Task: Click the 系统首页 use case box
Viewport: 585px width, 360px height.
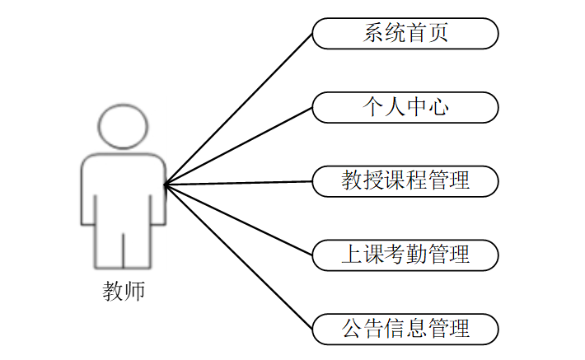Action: pyautogui.click(x=405, y=34)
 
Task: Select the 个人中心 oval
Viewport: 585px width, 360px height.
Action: pyautogui.click(x=405, y=107)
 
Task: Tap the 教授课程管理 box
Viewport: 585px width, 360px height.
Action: pyautogui.click(x=405, y=181)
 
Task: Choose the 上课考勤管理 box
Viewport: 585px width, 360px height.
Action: pyautogui.click(x=405, y=255)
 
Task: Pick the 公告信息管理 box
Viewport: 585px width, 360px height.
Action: pyautogui.click(x=405, y=329)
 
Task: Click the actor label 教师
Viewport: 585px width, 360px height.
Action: pyautogui.click(x=124, y=292)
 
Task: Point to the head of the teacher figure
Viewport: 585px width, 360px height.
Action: pyautogui.click(x=124, y=125)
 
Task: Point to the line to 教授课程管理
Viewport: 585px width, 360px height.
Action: pyautogui.click(x=239, y=183)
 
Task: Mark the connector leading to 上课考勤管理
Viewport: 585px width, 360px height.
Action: pyautogui.click(x=239, y=220)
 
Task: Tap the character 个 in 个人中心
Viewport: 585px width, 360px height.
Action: pyautogui.click(x=373, y=107)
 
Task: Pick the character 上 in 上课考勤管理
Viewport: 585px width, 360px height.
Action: pyautogui.click(x=352, y=255)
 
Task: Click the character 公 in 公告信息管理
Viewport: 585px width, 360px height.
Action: pyautogui.click(x=352, y=329)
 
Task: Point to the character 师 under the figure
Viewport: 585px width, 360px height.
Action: pyautogui.click(x=135, y=292)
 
